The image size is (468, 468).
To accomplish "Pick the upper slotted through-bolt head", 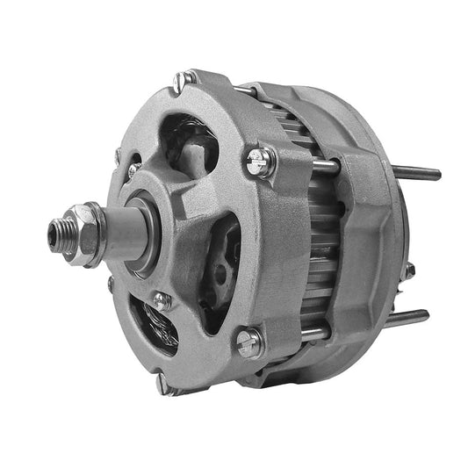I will [261, 160].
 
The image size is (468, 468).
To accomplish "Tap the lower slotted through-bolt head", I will [250, 341].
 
